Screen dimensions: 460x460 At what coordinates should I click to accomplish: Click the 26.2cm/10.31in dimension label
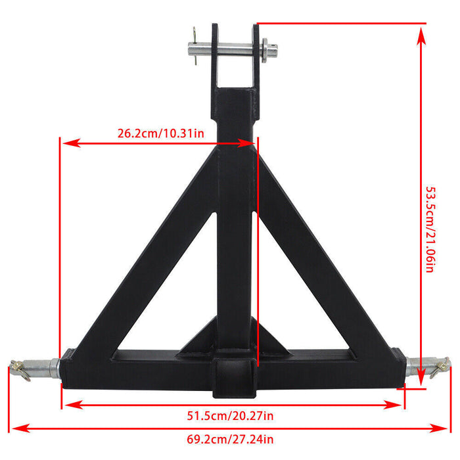[x=160, y=133]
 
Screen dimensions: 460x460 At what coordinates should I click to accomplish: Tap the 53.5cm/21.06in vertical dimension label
[x=430, y=229]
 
